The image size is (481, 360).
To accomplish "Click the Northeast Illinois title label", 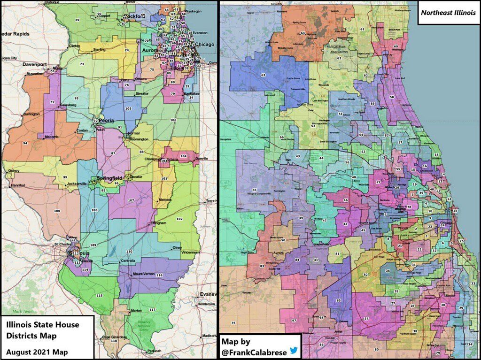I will click(x=448, y=13).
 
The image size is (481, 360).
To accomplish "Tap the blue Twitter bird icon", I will click(x=294, y=351).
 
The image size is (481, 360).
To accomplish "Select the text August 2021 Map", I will click(x=37, y=352).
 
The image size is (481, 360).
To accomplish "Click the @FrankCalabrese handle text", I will click(x=255, y=352).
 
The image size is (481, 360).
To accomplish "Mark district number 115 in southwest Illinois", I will click(x=99, y=295).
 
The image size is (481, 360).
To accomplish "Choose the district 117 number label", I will click(x=152, y=310).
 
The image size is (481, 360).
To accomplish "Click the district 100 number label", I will click(x=57, y=211).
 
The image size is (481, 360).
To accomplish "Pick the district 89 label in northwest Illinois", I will click(x=78, y=20).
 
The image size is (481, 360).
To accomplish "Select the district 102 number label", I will click(x=179, y=219).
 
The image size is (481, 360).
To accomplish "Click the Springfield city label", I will click(x=109, y=178).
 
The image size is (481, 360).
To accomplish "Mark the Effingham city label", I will click(x=159, y=223).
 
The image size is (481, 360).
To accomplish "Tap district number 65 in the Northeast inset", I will click(x=254, y=190).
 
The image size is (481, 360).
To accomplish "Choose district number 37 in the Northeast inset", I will click(x=366, y=318).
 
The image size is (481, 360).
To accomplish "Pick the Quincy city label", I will click(x=14, y=171).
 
